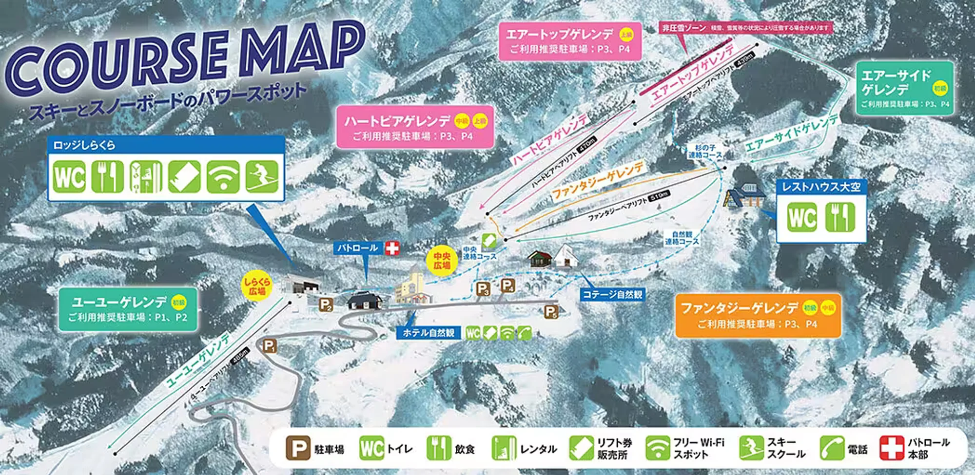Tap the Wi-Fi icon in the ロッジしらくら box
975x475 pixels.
223,176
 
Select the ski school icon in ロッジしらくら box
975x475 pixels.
262,176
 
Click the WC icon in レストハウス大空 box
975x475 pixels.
802,217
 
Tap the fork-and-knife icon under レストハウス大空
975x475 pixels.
840,217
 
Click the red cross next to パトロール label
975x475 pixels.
392,248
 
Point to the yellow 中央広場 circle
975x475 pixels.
442,261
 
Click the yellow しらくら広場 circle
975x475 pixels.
256,286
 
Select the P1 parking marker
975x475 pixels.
269,346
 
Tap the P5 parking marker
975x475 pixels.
551,312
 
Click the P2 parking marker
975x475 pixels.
326,305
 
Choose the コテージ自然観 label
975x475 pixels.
612,294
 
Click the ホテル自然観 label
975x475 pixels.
428,333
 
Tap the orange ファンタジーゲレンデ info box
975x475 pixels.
758,315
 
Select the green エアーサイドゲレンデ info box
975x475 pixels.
904,88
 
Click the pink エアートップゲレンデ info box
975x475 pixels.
569,41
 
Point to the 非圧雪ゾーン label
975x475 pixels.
684,28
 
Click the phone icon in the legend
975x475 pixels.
831,448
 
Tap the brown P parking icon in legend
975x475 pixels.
298,448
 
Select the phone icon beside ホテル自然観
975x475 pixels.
525,333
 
